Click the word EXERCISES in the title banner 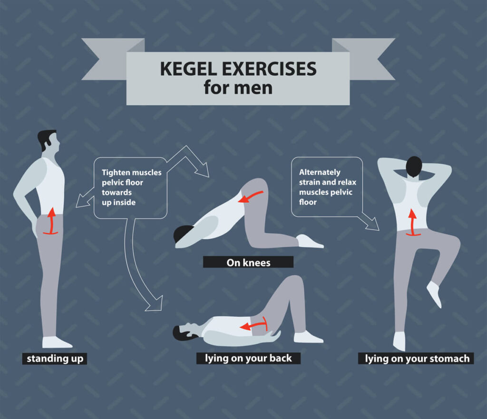(269, 69)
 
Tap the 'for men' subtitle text (238, 88)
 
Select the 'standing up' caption (54, 359)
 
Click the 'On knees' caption (248, 262)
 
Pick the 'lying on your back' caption (248, 358)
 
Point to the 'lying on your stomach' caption (417, 358)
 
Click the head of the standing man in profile (49, 140)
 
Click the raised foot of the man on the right (434, 293)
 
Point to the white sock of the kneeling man (309, 241)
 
